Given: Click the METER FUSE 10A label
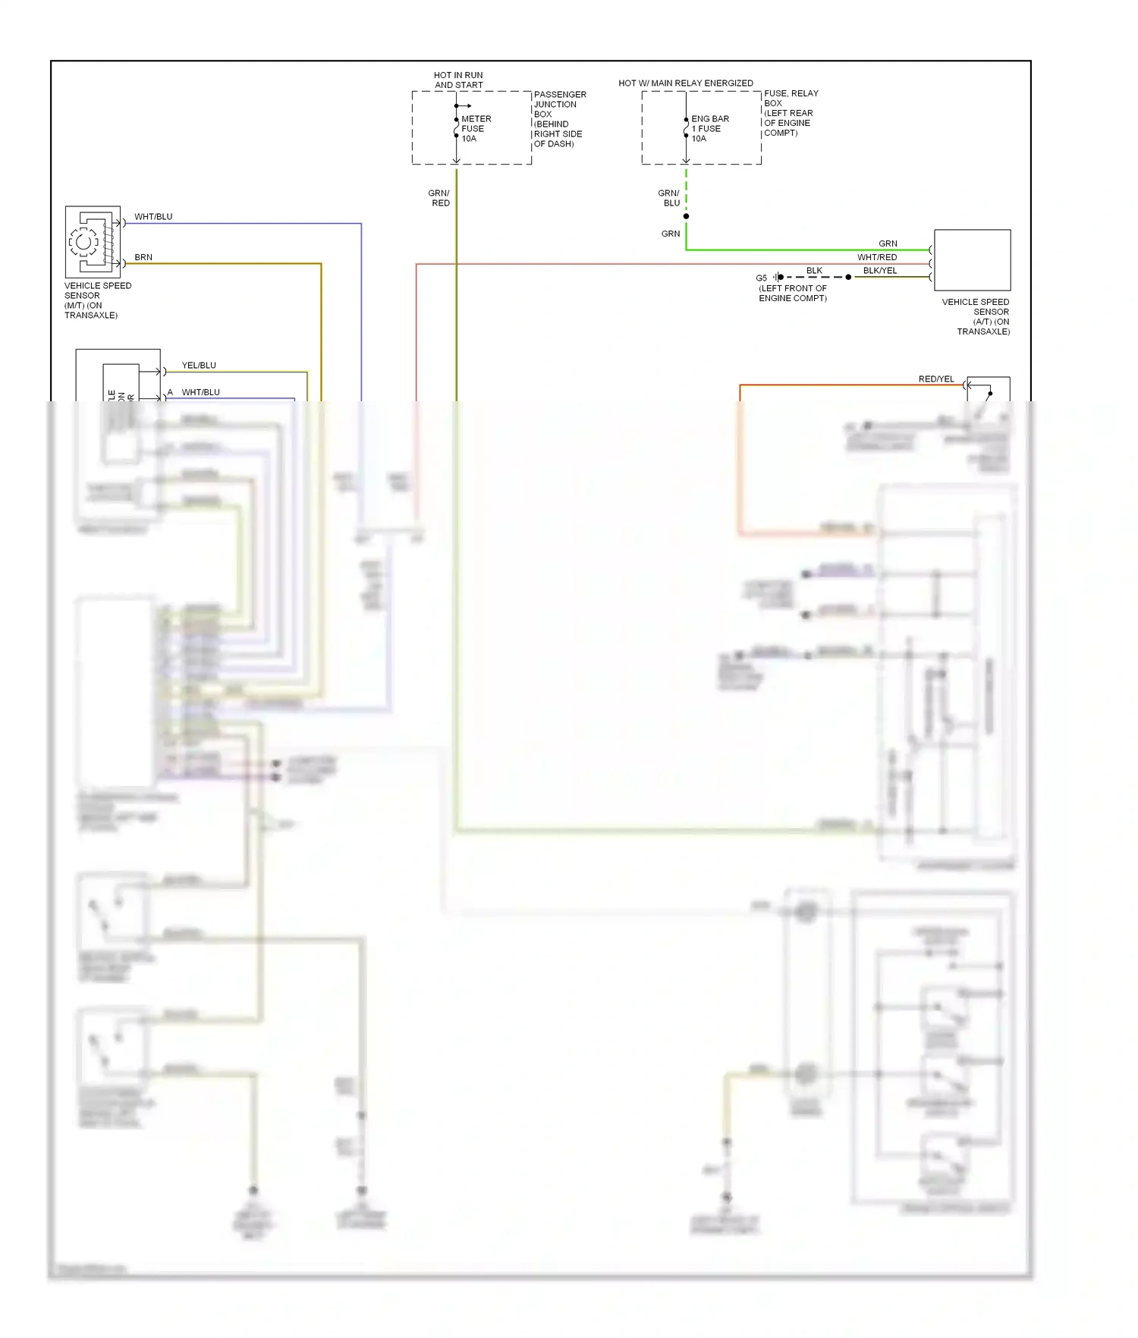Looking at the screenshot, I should point(476,129).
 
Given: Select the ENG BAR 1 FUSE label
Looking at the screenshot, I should point(709,129).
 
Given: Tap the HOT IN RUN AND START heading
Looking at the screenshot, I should point(458,80).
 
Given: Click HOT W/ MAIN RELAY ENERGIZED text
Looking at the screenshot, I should point(686,83).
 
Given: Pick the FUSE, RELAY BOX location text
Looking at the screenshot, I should point(791,113).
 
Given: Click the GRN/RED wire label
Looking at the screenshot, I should point(439,198).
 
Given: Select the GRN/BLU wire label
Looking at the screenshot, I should point(669,198).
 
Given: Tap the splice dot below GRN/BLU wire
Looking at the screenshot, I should point(686,217).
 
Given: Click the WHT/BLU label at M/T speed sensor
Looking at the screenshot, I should point(153,217).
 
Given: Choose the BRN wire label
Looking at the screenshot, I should point(143,257).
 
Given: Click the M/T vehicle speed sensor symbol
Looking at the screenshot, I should point(93,242).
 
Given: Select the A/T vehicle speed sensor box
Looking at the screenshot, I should point(972,260).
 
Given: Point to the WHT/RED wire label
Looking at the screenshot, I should point(877,257).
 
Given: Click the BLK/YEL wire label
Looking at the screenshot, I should point(880,271).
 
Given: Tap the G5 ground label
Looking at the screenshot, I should point(761,278).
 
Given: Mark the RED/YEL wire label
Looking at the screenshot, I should point(936,379).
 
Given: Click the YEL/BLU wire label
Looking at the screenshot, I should point(199,366).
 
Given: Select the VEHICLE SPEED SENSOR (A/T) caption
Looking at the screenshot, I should point(976,316).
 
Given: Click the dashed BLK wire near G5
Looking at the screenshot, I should point(815,278).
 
